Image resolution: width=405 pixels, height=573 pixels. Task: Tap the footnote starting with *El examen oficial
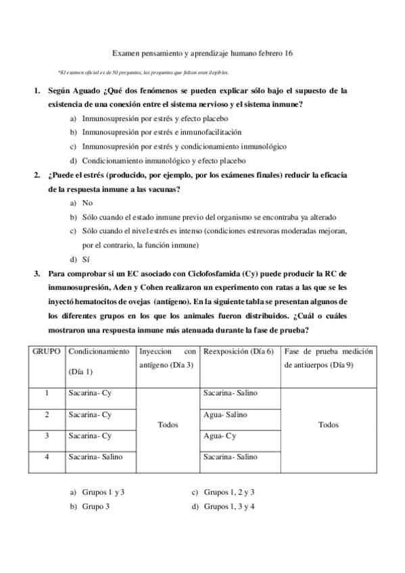pyautogui.click(x=143, y=72)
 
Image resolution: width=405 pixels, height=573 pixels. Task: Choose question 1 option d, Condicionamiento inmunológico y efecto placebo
pyautogui.click(x=163, y=161)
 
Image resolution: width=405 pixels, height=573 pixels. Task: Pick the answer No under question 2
pyautogui.click(x=87, y=203)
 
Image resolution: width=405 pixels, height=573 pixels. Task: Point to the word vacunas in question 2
pyautogui.click(x=160, y=190)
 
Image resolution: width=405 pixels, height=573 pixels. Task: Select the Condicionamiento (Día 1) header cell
pyautogui.click(x=99, y=362)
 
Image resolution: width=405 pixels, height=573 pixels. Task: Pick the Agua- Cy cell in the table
pyautogui.click(x=220, y=436)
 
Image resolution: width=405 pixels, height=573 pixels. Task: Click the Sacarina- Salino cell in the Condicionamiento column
pyautogui.click(x=95, y=457)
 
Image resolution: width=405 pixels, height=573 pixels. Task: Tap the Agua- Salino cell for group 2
pyautogui.click(x=225, y=414)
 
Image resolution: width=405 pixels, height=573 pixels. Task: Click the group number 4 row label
pyautogui.click(x=47, y=457)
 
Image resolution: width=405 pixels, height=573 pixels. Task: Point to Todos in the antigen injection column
pyautogui.click(x=168, y=425)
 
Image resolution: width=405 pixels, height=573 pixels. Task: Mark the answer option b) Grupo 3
pyautogui.click(x=95, y=506)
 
